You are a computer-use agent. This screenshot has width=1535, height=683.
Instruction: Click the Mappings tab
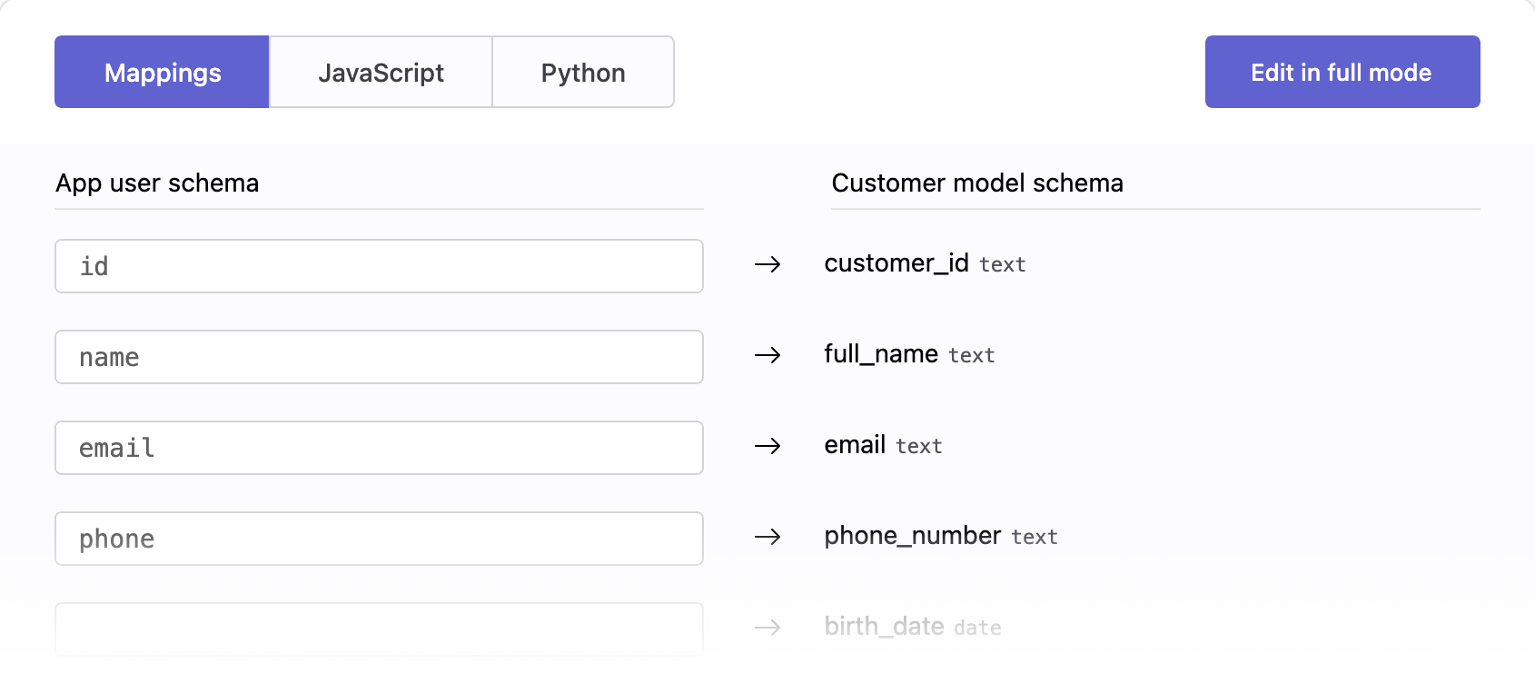tap(163, 72)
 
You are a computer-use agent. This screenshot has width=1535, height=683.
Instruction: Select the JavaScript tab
tap(381, 72)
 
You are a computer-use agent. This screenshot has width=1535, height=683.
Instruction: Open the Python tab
tap(583, 72)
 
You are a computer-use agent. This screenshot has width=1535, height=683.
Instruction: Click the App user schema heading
tap(157, 183)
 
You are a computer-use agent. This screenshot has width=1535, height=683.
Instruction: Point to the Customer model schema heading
tap(977, 183)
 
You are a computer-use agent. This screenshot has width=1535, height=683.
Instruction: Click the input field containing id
tap(379, 266)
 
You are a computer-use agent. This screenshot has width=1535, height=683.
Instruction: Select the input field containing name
tap(379, 357)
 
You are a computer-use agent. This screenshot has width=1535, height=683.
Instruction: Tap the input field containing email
tap(379, 448)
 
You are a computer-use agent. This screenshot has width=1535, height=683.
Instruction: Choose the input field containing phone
tap(379, 539)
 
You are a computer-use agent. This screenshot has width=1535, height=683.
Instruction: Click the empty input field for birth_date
tap(379, 629)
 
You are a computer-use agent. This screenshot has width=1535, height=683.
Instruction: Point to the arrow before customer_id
tap(767, 263)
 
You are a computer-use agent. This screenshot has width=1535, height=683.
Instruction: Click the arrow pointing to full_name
tap(767, 355)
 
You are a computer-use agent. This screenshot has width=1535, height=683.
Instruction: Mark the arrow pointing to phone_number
tap(767, 537)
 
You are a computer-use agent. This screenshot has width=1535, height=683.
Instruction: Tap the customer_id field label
tap(896, 263)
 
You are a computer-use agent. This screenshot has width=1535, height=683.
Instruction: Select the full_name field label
tap(881, 354)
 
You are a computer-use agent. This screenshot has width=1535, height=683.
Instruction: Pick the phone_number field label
tap(913, 536)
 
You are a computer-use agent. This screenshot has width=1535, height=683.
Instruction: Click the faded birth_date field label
tap(884, 626)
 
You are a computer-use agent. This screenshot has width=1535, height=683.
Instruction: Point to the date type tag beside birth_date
tap(978, 628)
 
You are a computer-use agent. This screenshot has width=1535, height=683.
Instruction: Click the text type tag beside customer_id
tap(1003, 264)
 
